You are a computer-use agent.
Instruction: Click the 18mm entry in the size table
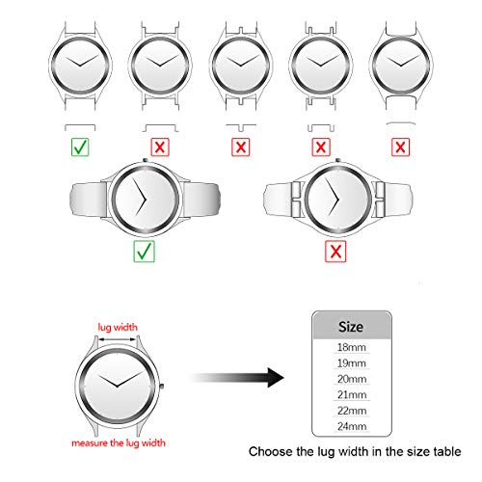coord(352,347)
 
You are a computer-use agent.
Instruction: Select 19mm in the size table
coord(352,363)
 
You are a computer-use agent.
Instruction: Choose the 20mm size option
coord(352,379)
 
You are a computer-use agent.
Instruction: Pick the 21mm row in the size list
coord(352,395)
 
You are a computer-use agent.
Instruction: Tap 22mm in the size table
coord(352,411)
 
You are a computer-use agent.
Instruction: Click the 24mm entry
coord(352,426)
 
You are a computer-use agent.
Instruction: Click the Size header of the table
coord(351,327)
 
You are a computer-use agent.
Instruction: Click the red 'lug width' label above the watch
coord(118,327)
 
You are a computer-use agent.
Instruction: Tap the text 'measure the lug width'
coord(119,443)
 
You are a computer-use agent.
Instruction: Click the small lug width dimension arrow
coord(118,339)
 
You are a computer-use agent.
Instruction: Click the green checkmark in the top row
coord(80,147)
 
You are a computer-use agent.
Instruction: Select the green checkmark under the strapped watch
coord(144,251)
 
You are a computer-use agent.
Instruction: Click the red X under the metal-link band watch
coord(335,251)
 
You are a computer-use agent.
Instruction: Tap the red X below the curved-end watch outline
coord(400,147)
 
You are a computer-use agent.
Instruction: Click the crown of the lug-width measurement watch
coord(162,387)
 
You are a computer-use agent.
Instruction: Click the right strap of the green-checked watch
coord(201,200)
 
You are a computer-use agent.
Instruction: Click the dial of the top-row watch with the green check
coord(80,66)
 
